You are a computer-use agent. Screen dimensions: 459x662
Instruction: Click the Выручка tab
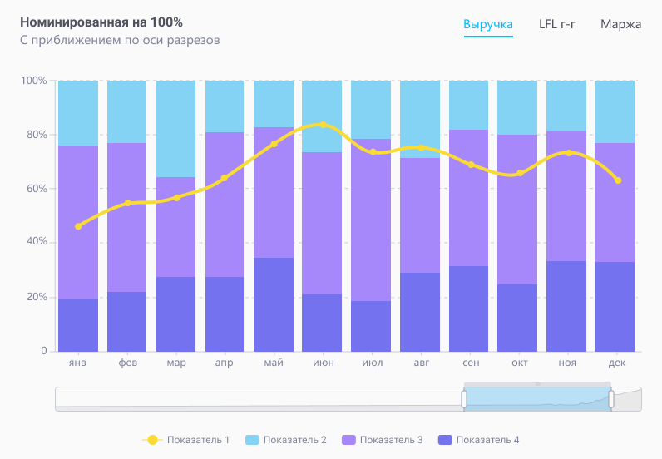(x=488, y=24)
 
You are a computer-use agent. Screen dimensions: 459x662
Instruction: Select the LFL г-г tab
(x=557, y=24)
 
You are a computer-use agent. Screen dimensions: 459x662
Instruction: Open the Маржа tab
(x=620, y=24)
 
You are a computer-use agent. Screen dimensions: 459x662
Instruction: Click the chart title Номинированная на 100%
(x=101, y=22)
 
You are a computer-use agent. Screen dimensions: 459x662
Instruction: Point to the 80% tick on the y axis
(x=34, y=135)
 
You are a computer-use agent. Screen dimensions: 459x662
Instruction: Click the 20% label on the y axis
(x=34, y=297)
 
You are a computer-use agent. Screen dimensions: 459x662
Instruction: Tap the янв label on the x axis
(x=78, y=363)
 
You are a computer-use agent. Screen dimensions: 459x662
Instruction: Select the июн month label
(x=322, y=363)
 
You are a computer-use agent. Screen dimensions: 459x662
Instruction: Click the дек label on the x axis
(x=615, y=363)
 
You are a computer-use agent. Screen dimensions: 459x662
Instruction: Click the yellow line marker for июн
(x=322, y=125)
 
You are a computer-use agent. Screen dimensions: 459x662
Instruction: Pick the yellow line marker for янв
(x=78, y=226)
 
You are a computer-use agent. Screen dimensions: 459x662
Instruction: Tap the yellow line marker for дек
(x=617, y=180)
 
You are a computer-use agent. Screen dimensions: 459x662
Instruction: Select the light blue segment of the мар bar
(x=175, y=129)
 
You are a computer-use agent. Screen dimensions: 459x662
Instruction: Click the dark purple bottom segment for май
(x=273, y=304)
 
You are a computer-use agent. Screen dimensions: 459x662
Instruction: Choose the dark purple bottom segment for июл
(x=371, y=326)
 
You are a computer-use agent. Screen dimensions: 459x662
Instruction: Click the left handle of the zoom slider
(x=465, y=399)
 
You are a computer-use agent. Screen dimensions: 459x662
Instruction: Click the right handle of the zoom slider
(x=611, y=399)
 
